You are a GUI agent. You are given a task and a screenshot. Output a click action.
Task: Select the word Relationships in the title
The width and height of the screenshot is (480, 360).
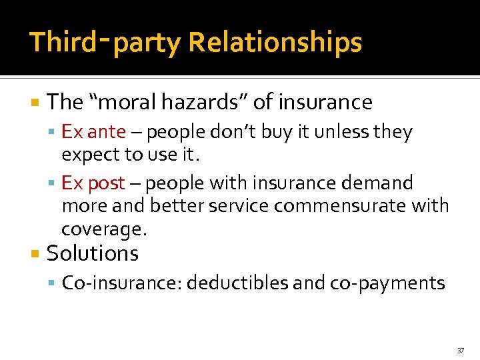(275, 42)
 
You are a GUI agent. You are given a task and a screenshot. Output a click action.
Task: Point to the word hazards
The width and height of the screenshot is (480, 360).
(206, 102)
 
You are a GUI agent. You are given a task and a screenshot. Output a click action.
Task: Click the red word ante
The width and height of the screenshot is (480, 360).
(106, 132)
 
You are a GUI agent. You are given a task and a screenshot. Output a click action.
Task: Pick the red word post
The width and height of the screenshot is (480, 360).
(106, 182)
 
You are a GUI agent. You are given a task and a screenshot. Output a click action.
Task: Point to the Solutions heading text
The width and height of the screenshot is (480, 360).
(93, 253)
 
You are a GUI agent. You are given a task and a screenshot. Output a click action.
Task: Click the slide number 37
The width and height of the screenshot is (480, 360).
(460, 350)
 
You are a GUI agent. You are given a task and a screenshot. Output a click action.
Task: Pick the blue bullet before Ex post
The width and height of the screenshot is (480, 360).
(53, 183)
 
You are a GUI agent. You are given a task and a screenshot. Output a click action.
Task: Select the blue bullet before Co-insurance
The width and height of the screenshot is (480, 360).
(53, 283)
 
